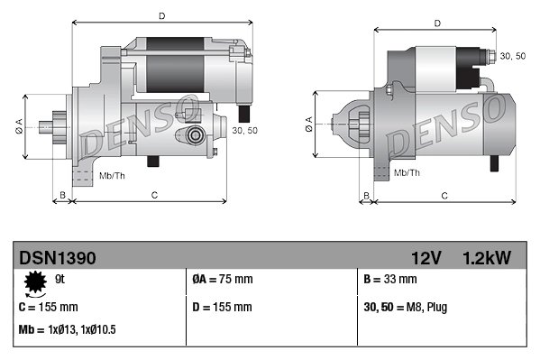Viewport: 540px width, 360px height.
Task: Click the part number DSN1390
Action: pos(57,258)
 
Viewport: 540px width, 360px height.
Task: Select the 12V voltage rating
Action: pos(425,258)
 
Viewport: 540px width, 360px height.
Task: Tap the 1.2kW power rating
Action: pos(487,258)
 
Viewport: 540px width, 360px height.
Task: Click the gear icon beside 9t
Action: pos(36,284)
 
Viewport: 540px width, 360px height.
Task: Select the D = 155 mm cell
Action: pos(223,308)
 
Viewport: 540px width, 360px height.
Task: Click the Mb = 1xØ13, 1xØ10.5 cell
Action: pos(67,330)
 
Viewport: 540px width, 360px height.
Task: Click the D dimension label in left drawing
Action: pos(161,15)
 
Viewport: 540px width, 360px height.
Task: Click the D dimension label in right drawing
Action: pos(436,23)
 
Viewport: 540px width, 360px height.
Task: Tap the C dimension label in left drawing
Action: pos(155,195)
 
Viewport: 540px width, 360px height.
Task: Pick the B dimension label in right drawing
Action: pos(365,195)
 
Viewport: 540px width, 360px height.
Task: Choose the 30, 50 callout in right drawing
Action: pos(512,56)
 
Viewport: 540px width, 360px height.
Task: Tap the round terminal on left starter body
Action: pos(194,135)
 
